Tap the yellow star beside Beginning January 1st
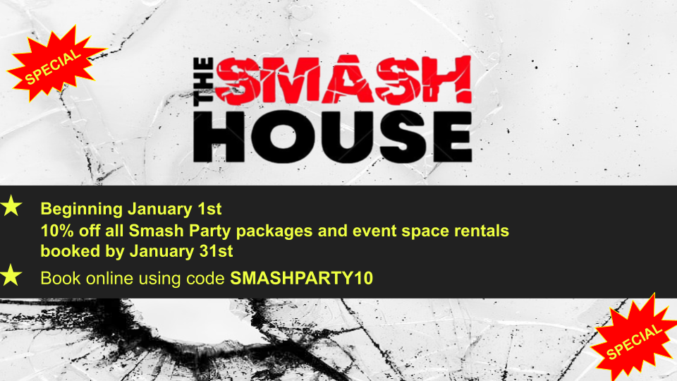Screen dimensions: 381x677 [11, 207]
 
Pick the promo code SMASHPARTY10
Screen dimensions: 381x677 [301, 278]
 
